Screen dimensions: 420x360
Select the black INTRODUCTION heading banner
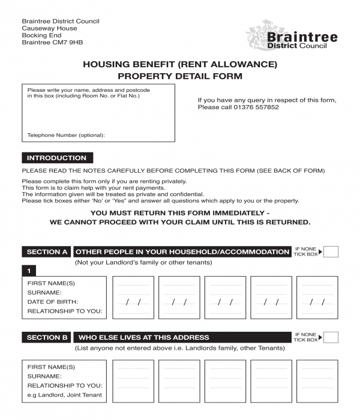pos(57,158)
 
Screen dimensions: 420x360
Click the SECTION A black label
pos(47,252)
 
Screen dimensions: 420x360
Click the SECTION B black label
pos(47,337)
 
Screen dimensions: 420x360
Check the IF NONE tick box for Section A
pos(331,252)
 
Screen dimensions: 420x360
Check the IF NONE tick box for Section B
pos(331,337)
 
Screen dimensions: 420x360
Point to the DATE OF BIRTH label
pos(53,302)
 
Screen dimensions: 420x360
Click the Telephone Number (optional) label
pos(66,135)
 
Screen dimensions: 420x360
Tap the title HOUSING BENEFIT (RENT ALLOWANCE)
pos(180,64)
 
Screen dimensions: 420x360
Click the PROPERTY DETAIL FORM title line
pos(180,76)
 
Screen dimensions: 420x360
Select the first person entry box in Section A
pos(133,297)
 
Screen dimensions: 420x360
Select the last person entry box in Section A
pos(317,297)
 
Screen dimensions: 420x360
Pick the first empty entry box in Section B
pos(133,381)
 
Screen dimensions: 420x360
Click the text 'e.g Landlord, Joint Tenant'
pos(65,395)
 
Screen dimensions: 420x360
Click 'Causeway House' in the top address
pos(49,28)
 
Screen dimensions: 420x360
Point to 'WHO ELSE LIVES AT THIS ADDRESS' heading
pos(144,337)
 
